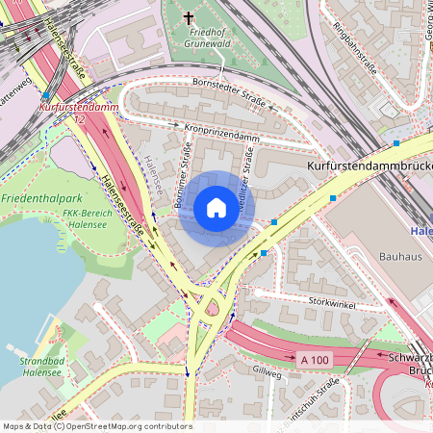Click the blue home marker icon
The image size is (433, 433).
(216, 208)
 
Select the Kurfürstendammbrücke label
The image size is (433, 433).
(369, 166)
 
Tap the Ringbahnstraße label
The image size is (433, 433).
(352, 44)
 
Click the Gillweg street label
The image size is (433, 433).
(266, 371)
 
